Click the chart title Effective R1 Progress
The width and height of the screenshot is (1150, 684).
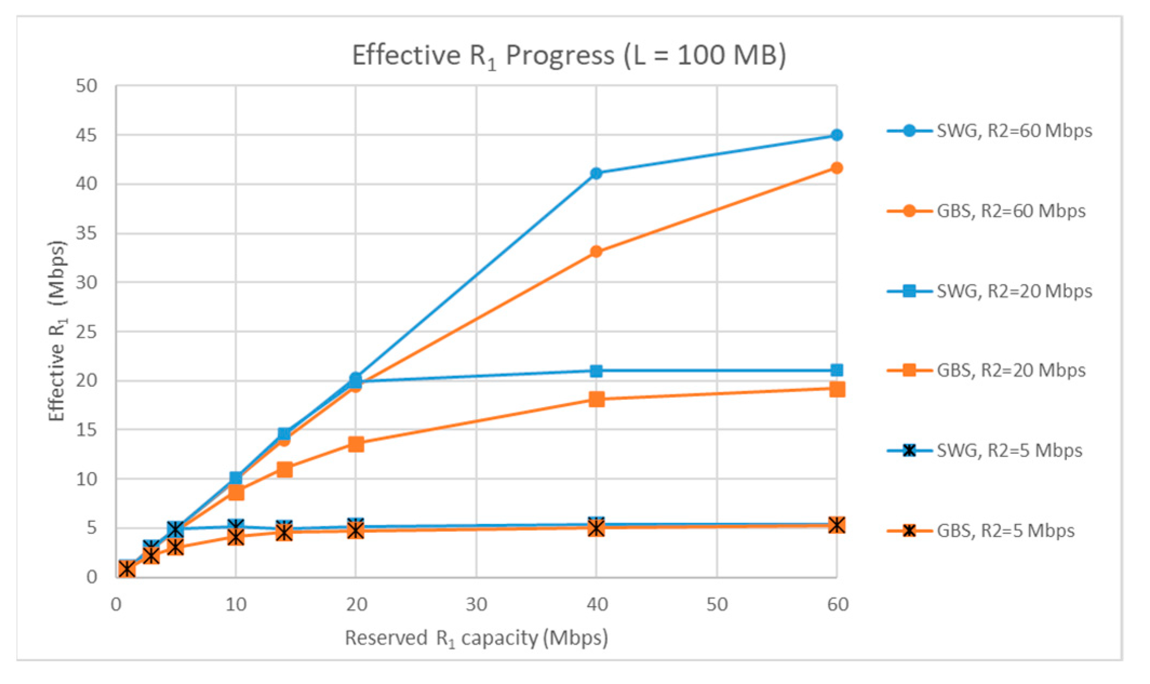(x=568, y=56)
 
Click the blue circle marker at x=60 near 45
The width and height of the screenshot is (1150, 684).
(x=837, y=135)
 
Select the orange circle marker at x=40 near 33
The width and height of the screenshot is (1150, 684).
(x=596, y=252)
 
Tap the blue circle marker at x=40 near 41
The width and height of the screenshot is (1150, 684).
(x=596, y=173)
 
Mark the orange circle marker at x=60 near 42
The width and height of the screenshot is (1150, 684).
(x=837, y=168)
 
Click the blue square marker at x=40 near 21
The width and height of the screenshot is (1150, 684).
(x=596, y=371)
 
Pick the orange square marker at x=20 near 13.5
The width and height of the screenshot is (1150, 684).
(x=356, y=444)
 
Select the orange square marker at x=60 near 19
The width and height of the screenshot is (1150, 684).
(x=837, y=389)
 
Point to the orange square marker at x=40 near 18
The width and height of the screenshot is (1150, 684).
(x=596, y=399)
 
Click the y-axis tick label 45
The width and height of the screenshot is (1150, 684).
(x=86, y=135)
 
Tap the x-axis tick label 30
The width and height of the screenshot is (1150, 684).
(x=476, y=604)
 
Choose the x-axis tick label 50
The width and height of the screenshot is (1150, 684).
(x=717, y=604)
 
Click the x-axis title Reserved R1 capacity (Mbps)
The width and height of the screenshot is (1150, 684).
(x=476, y=638)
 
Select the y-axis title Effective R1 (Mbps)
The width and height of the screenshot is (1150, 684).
(x=57, y=331)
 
